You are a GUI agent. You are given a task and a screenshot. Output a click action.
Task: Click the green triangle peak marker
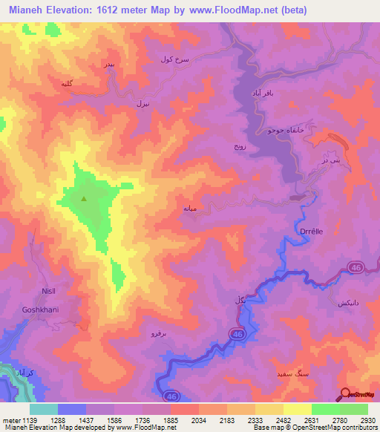83,198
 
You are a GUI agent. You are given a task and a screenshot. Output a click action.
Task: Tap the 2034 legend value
200,420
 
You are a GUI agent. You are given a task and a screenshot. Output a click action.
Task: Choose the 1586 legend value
115,420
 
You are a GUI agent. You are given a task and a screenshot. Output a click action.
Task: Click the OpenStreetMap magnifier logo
344,395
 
